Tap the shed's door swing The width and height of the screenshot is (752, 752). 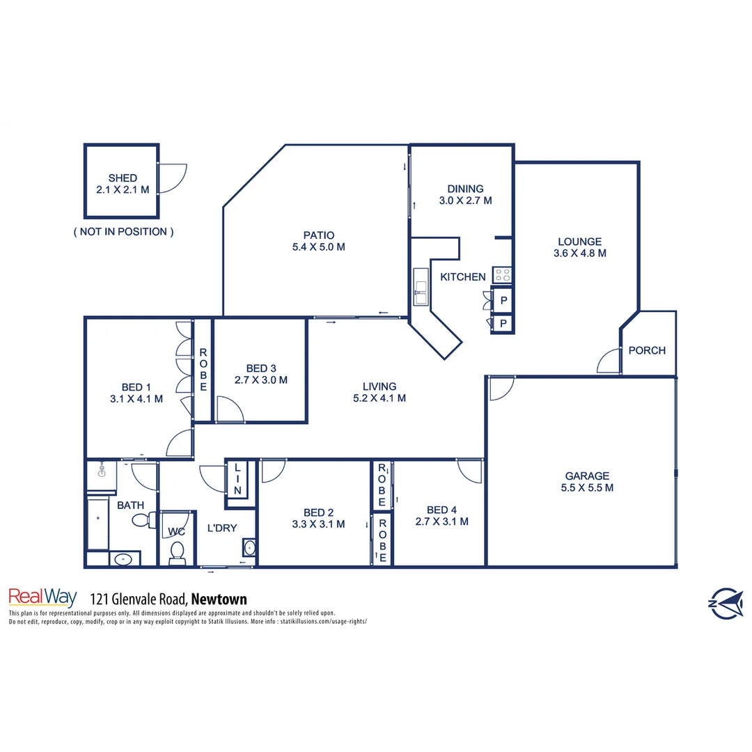click(x=172, y=179)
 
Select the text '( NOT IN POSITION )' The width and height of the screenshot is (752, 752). click(x=123, y=232)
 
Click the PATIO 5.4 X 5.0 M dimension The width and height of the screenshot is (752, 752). click(x=319, y=246)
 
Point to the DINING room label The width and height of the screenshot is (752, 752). click(x=465, y=189)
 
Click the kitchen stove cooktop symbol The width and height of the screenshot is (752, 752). click(x=503, y=275)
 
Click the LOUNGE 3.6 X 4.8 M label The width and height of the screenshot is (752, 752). click(x=579, y=248)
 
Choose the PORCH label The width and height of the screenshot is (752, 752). click(x=647, y=350)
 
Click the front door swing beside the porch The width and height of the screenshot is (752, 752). click(x=609, y=360)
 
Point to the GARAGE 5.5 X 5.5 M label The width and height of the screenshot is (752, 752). click(x=586, y=482)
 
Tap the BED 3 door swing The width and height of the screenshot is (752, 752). click(x=230, y=409)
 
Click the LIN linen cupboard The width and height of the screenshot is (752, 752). click(x=237, y=480)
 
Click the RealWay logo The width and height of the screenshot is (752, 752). click(x=42, y=597)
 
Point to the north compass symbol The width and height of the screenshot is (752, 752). click(x=725, y=602)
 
